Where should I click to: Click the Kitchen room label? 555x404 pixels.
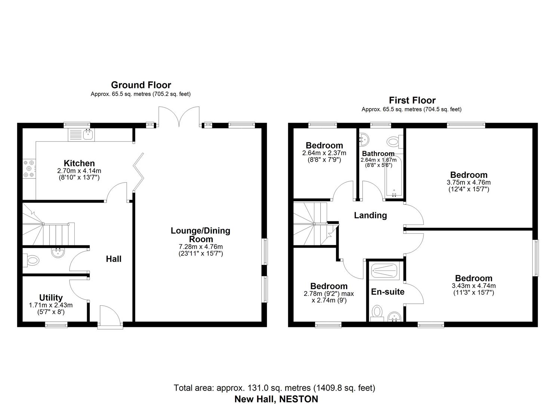point(79,163)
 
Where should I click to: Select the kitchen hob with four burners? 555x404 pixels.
point(29,169)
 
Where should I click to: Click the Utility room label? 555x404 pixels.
point(51,298)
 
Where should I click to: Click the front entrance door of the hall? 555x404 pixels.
point(110,316)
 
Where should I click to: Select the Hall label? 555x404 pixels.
point(114,259)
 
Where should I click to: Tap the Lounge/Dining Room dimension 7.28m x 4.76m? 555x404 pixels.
point(200,247)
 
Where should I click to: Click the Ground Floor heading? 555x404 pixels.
point(141,85)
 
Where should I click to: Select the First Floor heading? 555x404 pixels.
point(412,100)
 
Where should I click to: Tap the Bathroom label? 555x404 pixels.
point(378,154)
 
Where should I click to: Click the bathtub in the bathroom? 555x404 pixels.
point(394,177)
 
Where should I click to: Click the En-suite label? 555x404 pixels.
point(388,292)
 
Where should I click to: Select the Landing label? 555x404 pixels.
point(370,215)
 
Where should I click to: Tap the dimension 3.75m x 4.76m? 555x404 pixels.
point(469,183)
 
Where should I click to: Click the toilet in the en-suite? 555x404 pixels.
point(377,313)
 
